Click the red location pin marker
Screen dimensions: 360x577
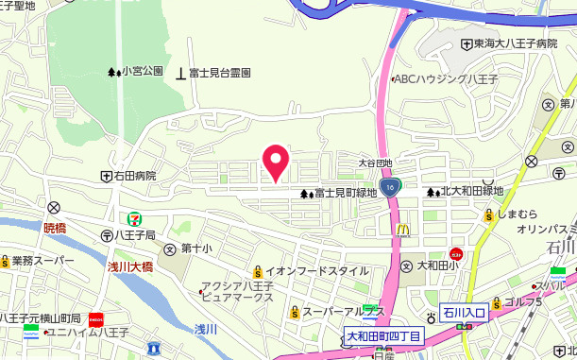pos(275,163)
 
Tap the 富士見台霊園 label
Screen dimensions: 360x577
pos(220,72)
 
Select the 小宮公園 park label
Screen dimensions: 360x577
pos(143,72)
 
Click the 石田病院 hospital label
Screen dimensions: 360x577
pos(135,176)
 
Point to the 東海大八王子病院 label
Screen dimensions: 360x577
pos(517,43)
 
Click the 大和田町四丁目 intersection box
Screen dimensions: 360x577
pos(382,335)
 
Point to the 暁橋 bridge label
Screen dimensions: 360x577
pos(56,228)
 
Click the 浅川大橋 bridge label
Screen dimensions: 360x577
pos(128,267)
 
